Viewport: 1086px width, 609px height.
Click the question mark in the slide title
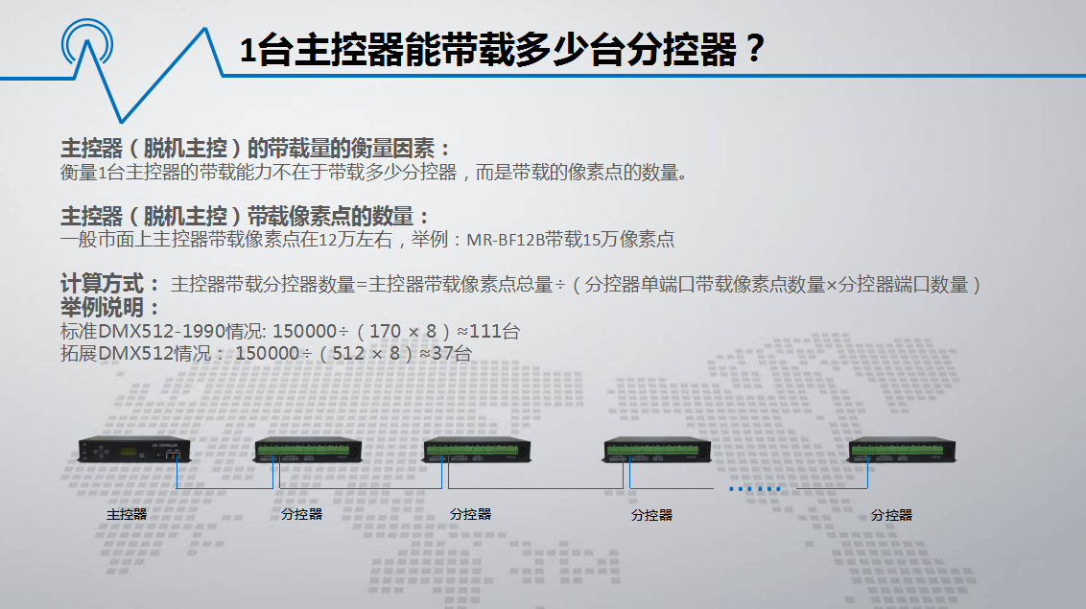[755, 49]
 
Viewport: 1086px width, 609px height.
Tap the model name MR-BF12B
[506, 240]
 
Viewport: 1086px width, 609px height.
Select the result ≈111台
[488, 332]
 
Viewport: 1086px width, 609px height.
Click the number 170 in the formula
[385, 332]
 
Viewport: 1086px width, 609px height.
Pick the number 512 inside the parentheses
[347, 354]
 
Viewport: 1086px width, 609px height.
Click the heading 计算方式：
[110, 284]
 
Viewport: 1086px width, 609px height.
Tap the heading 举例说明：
[110, 307]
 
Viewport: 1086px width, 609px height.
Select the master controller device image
[134, 450]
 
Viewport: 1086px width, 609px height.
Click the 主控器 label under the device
[127, 514]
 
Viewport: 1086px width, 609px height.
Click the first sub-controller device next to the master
[308, 450]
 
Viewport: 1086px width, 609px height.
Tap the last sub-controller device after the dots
[902, 450]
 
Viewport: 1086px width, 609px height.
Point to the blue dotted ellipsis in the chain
[755, 488]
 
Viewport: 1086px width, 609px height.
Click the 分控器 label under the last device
[891, 515]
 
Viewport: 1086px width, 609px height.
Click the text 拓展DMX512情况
[136, 354]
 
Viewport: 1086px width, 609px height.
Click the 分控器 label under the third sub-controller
[651, 515]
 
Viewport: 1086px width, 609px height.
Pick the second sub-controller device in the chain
[477, 450]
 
